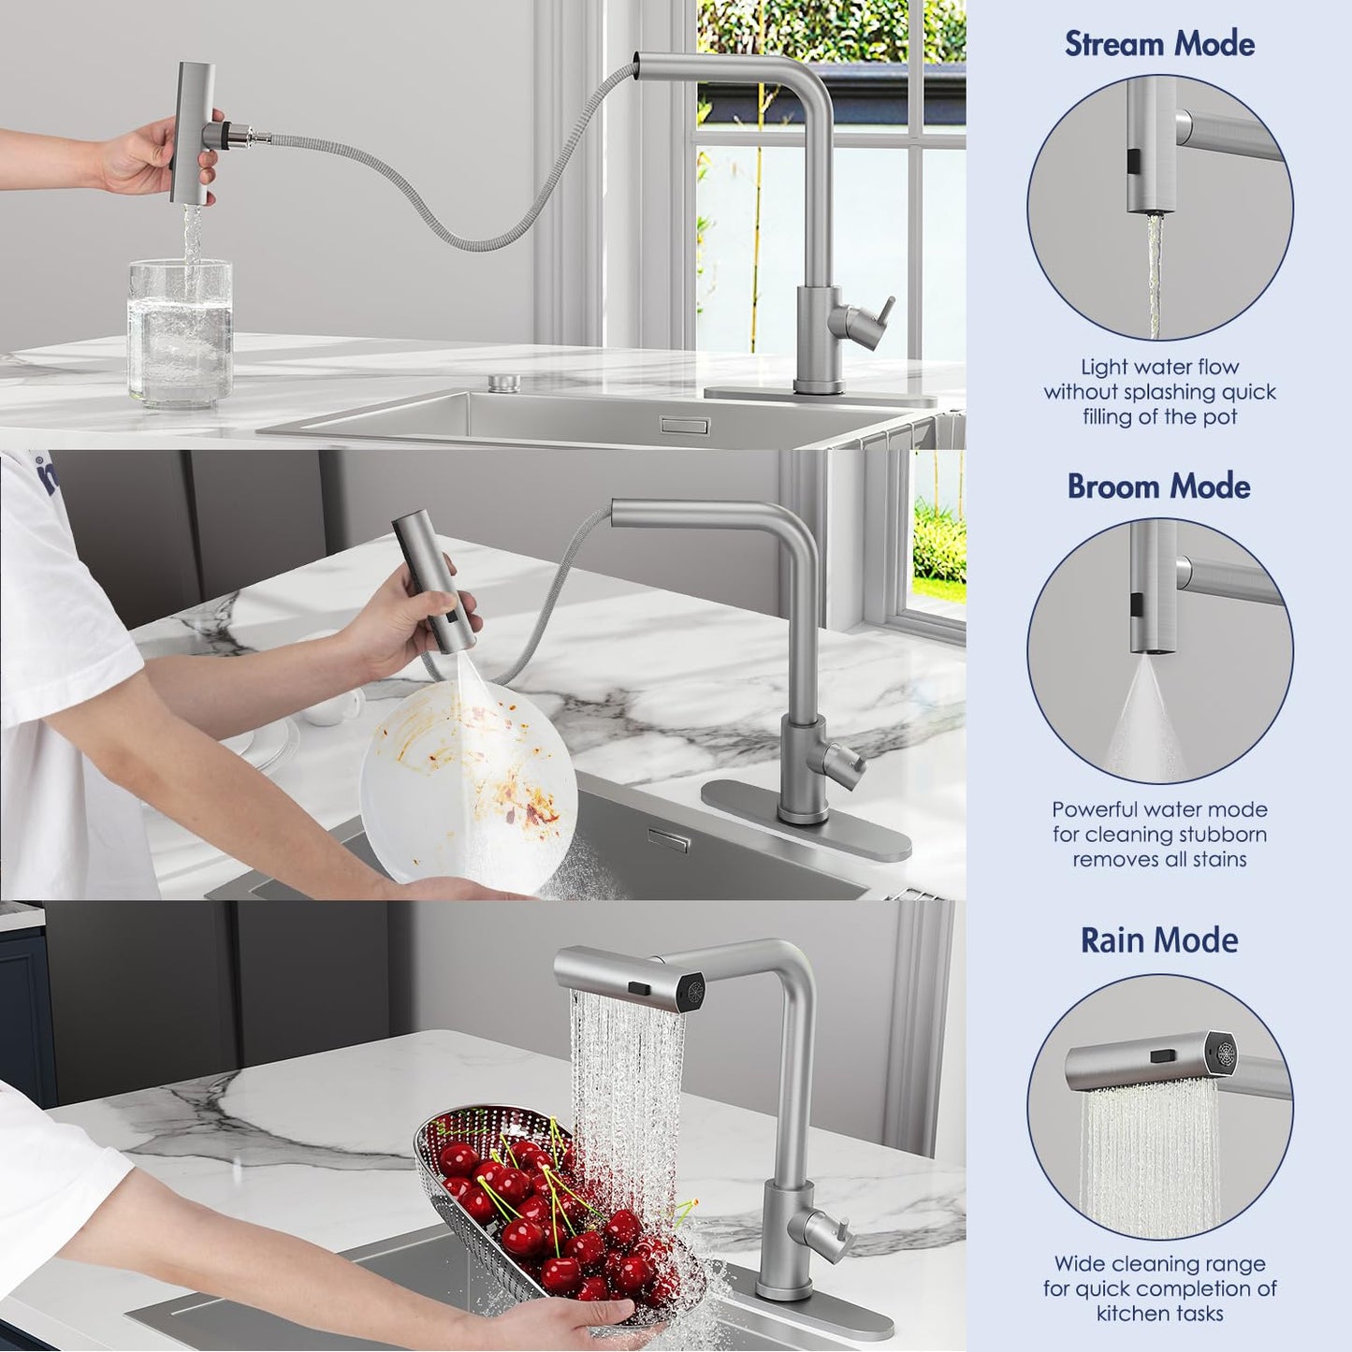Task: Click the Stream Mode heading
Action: (1159, 43)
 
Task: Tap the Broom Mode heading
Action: (1159, 487)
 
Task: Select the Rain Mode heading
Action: (1159, 940)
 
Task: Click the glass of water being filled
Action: (180, 333)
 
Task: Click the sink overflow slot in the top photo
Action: (685, 425)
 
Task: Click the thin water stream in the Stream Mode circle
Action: (1154, 277)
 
